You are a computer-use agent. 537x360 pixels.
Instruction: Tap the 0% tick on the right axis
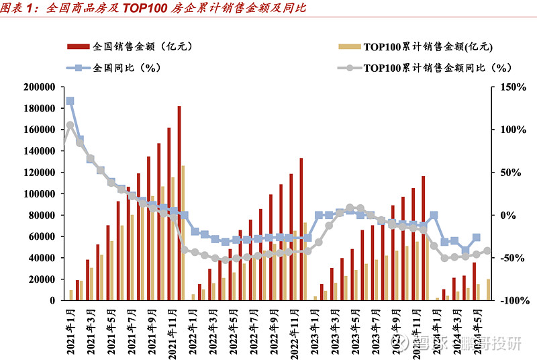click(503, 216)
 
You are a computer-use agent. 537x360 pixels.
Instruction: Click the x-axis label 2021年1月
click(69, 328)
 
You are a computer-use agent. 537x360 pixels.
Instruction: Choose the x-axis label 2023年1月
click(313, 328)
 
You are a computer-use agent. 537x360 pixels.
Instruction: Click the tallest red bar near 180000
click(179, 201)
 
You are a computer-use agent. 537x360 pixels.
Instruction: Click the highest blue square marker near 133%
click(70, 101)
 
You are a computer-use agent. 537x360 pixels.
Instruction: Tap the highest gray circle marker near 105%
click(70, 125)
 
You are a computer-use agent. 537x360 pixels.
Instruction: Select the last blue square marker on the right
click(477, 238)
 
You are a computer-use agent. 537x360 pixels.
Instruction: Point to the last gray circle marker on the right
click(487, 251)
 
